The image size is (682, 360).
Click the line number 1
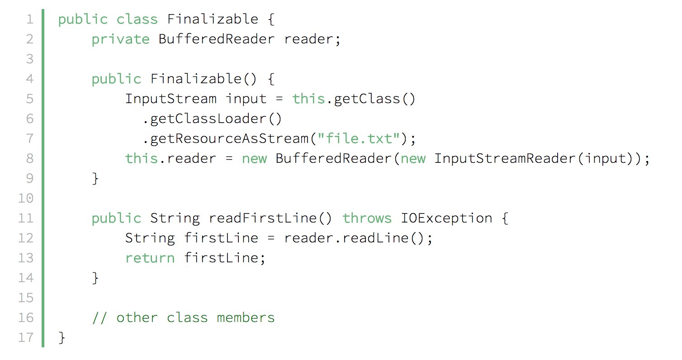[x=29, y=19]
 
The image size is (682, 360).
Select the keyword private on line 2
[x=120, y=39]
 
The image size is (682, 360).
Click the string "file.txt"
[x=360, y=138]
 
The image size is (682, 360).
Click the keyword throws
[x=367, y=218]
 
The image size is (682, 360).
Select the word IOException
[x=446, y=218]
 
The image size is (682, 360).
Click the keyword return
[x=150, y=258]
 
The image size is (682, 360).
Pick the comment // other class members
[x=183, y=317]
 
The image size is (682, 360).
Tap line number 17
[x=26, y=337]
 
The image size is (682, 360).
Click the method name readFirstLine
[x=262, y=218]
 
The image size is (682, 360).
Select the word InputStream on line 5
[x=170, y=99]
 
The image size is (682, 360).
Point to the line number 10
[x=26, y=198]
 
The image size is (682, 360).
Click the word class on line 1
[x=137, y=19]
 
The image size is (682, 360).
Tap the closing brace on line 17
[x=62, y=337]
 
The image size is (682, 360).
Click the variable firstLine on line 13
[x=221, y=258]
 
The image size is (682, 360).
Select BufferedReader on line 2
[x=216, y=39]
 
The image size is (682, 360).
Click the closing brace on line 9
[x=95, y=178]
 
